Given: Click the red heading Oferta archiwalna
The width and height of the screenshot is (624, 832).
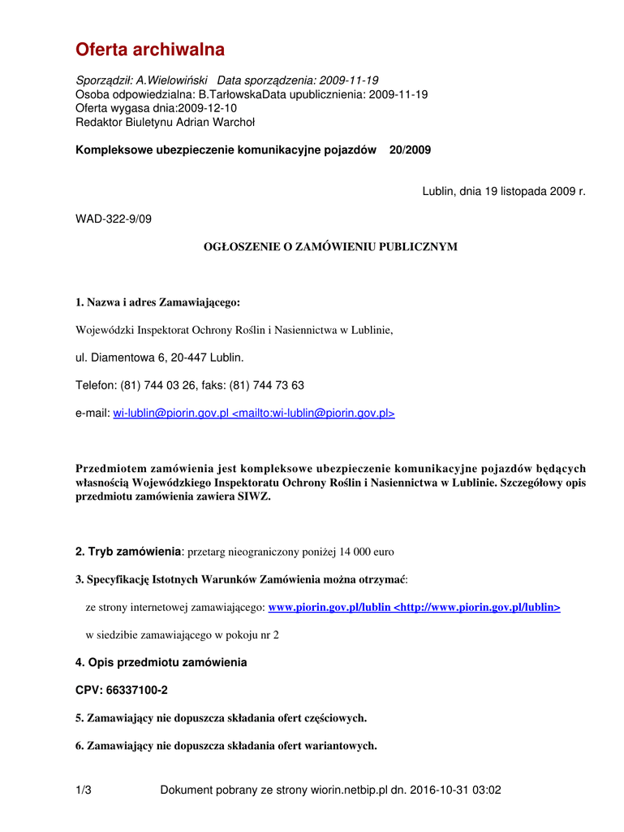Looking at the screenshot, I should pyautogui.click(x=150, y=50).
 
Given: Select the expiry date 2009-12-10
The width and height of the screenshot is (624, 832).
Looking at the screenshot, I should pyautogui.click(x=207, y=108).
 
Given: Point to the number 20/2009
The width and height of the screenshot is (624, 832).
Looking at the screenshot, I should pyautogui.click(x=410, y=149).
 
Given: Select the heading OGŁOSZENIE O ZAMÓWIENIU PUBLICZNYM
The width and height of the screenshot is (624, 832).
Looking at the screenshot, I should pyautogui.click(x=329, y=246).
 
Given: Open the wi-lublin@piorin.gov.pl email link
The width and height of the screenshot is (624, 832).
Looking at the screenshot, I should pyautogui.click(x=171, y=414).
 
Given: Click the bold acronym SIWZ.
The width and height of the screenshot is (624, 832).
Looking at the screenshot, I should pyautogui.click(x=253, y=496).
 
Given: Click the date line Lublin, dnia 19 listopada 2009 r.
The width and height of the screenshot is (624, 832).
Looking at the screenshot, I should pyautogui.click(x=503, y=191).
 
